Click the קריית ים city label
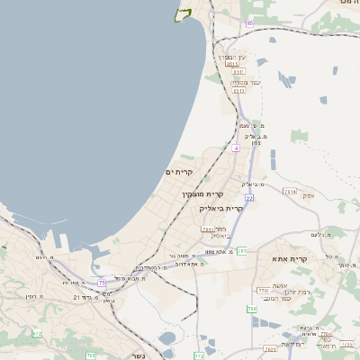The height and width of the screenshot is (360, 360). coord(180,172)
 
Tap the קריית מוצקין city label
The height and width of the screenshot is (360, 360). coord(202,194)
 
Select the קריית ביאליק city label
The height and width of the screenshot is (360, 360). coord(221,208)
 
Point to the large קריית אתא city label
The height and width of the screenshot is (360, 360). coord(290,259)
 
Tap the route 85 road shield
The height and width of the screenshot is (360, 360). coord(249,22)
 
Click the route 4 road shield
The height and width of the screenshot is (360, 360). coord(236,148)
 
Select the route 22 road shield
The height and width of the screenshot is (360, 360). coord(249,197)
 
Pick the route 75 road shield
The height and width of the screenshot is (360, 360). coord(102,283)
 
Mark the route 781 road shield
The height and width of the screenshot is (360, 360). coord(242,250)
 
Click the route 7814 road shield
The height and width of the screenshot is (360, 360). coord(290,192)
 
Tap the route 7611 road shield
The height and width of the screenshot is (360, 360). coord(208,230)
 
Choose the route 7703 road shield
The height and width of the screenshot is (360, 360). coord(263,292)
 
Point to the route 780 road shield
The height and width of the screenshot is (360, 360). coord(251,310)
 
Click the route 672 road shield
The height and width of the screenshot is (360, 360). coord(37,334)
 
